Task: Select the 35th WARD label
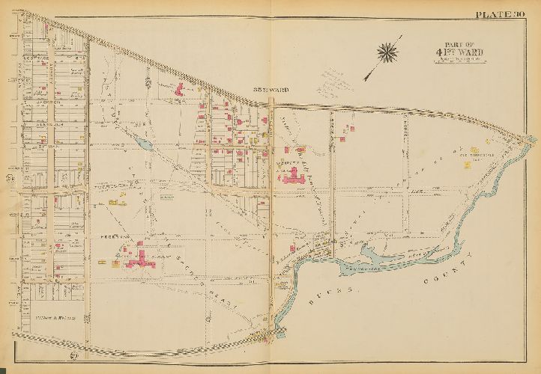[x=267, y=91]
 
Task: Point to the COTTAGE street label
[x=35, y=57]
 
